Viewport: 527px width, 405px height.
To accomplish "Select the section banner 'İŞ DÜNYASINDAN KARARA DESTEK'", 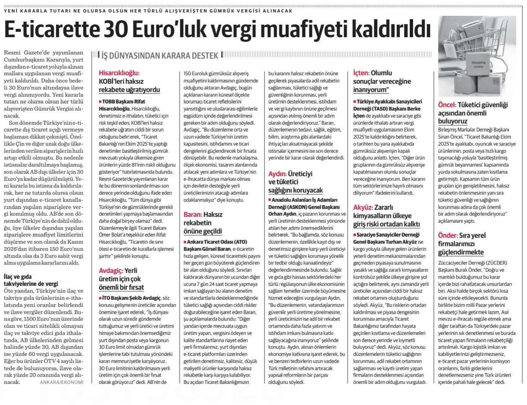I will click(160, 56).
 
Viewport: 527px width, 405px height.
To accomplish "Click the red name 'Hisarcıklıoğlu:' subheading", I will click(119, 73).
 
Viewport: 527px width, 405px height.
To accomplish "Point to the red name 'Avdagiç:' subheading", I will click(111, 271).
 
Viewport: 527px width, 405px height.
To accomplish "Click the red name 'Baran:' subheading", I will click(193, 214).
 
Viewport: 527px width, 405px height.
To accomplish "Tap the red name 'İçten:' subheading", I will click(361, 73).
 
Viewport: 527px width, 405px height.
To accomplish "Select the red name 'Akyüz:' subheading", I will click(363, 207).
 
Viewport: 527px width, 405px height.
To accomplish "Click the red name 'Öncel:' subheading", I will click(447, 105).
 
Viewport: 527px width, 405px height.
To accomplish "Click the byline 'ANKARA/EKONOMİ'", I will click(61, 382).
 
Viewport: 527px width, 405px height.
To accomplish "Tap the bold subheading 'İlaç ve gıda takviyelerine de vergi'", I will click(31, 280).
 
